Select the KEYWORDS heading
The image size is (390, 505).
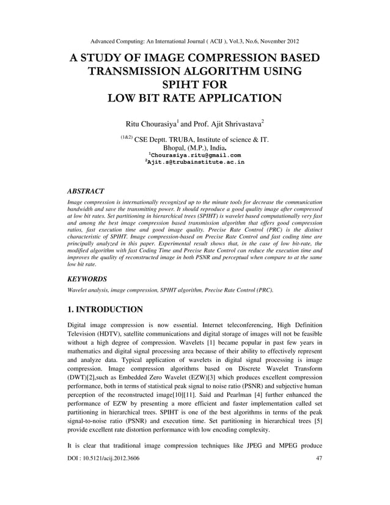coord(87,278)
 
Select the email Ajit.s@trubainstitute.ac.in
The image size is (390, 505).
coord(194,163)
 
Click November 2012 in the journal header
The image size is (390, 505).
coord(276,42)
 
